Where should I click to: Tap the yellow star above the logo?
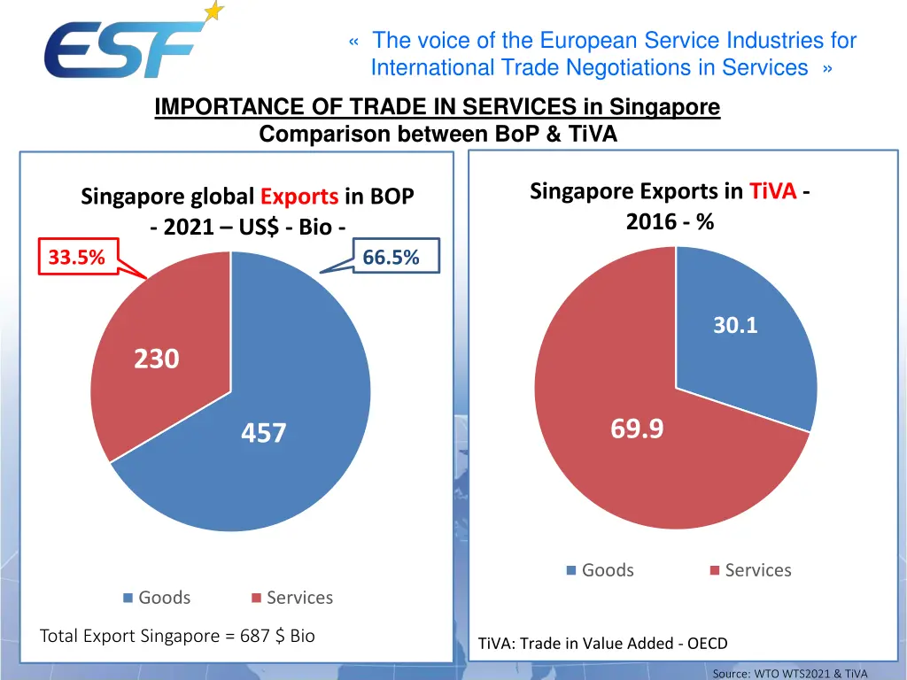click(x=213, y=12)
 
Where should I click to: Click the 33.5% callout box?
click(x=77, y=258)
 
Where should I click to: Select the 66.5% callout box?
click(x=391, y=257)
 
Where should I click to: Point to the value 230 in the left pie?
click(x=157, y=359)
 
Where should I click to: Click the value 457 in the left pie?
click(x=264, y=433)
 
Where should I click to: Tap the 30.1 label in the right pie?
click(x=736, y=326)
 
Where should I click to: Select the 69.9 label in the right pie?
click(x=637, y=429)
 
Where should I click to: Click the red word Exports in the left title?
click(x=299, y=197)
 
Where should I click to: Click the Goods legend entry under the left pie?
click(x=157, y=598)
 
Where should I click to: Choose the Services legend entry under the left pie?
click(x=292, y=598)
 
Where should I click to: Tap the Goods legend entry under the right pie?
click(x=601, y=570)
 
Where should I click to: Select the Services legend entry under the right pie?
click(x=750, y=570)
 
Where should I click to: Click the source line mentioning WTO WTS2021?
click(x=790, y=674)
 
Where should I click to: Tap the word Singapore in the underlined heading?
click(x=665, y=108)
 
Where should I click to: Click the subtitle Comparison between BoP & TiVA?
click(x=438, y=135)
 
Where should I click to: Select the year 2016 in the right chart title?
click(x=651, y=221)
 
